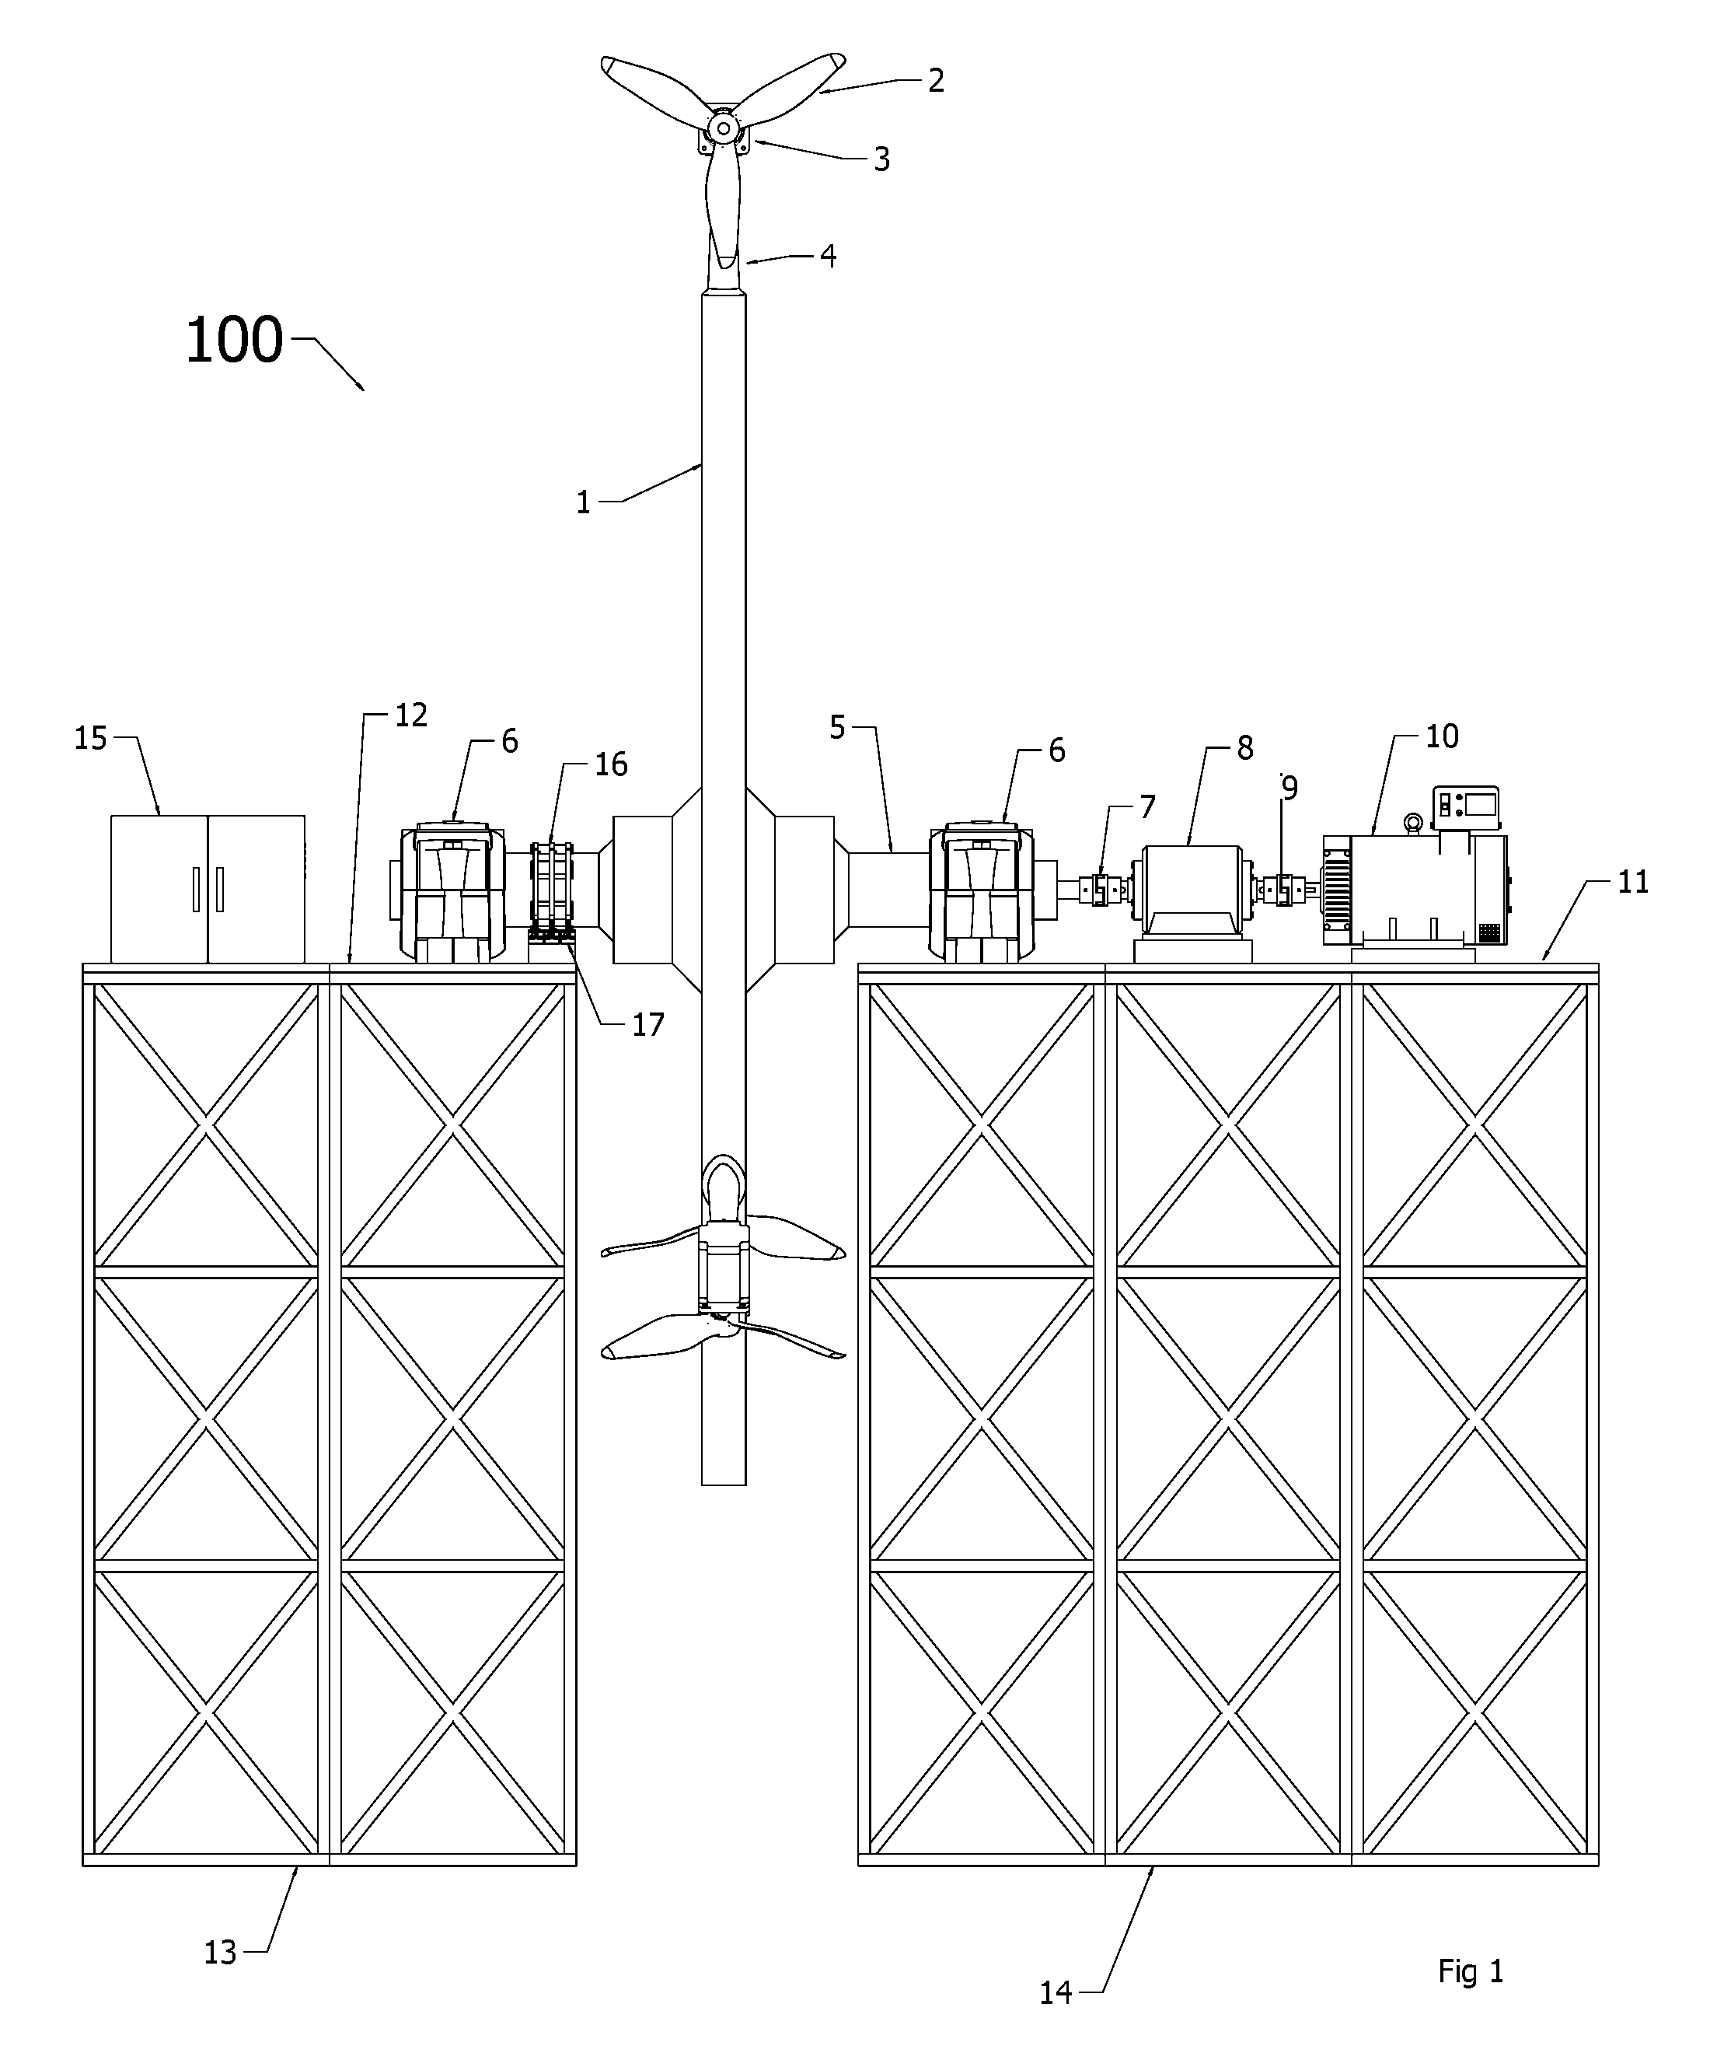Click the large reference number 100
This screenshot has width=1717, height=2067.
click(x=234, y=341)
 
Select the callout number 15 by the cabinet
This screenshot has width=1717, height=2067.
click(x=90, y=738)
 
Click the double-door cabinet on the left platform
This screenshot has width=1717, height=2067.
click(x=208, y=889)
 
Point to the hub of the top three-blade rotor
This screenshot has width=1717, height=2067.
click(x=723, y=128)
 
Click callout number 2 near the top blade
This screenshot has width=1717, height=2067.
click(x=936, y=81)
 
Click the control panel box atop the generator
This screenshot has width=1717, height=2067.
click(x=1466, y=808)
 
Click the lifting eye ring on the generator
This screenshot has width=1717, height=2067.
click(x=1413, y=823)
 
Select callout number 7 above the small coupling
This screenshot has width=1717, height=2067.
click(x=1147, y=807)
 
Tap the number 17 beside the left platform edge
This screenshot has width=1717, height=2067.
click(x=647, y=1025)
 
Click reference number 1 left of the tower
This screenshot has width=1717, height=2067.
click(x=584, y=503)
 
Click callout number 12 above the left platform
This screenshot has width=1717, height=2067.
click(x=410, y=715)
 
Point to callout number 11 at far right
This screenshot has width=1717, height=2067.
click(x=1633, y=882)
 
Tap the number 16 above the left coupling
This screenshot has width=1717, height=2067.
click(x=611, y=764)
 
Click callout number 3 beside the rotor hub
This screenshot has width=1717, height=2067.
click(x=881, y=159)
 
